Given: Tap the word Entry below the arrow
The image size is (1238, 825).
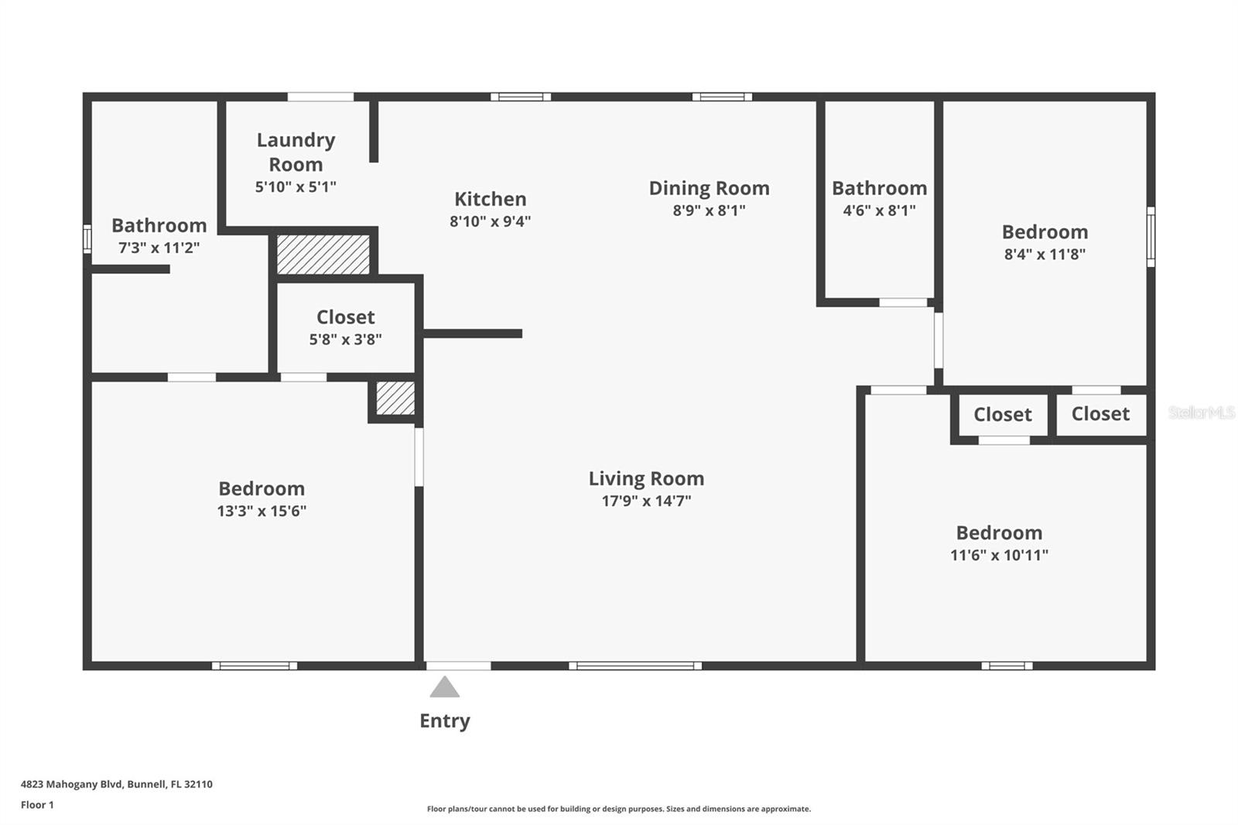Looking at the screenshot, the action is (x=445, y=721).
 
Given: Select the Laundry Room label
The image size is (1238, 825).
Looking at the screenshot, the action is (x=296, y=152).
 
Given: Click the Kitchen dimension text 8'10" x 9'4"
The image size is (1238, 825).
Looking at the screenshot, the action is (x=491, y=221).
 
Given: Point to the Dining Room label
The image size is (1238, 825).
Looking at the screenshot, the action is (x=709, y=188).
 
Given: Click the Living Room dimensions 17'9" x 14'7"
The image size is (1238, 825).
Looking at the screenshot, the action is (x=647, y=501).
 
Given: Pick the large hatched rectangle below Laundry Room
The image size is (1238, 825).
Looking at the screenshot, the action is (x=323, y=255).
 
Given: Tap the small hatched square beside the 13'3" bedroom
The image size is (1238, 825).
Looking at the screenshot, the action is (x=395, y=398).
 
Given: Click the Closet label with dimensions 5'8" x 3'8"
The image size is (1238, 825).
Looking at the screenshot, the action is (x=345, y=317).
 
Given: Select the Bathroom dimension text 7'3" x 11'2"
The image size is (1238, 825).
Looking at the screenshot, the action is (x=159, y=247).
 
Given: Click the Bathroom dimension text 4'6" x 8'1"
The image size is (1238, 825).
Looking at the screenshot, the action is (x=879, y=211).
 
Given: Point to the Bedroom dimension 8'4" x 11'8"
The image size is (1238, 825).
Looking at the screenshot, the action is (x=1045, y=254).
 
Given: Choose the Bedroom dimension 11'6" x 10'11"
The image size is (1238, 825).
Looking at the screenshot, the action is (x=999, y=555).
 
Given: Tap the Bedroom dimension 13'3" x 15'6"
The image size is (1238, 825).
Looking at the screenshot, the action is (x=262, y=510).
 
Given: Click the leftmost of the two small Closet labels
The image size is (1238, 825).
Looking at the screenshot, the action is (x=1003, y=414).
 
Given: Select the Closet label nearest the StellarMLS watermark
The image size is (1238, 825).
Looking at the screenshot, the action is (x=1100, y=413).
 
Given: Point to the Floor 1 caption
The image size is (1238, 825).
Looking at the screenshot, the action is (x=38, y=805).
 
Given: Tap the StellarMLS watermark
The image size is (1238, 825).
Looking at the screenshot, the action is (x=1202, y=412).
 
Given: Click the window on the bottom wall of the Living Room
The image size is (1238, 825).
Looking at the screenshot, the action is (x=635, y=666).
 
